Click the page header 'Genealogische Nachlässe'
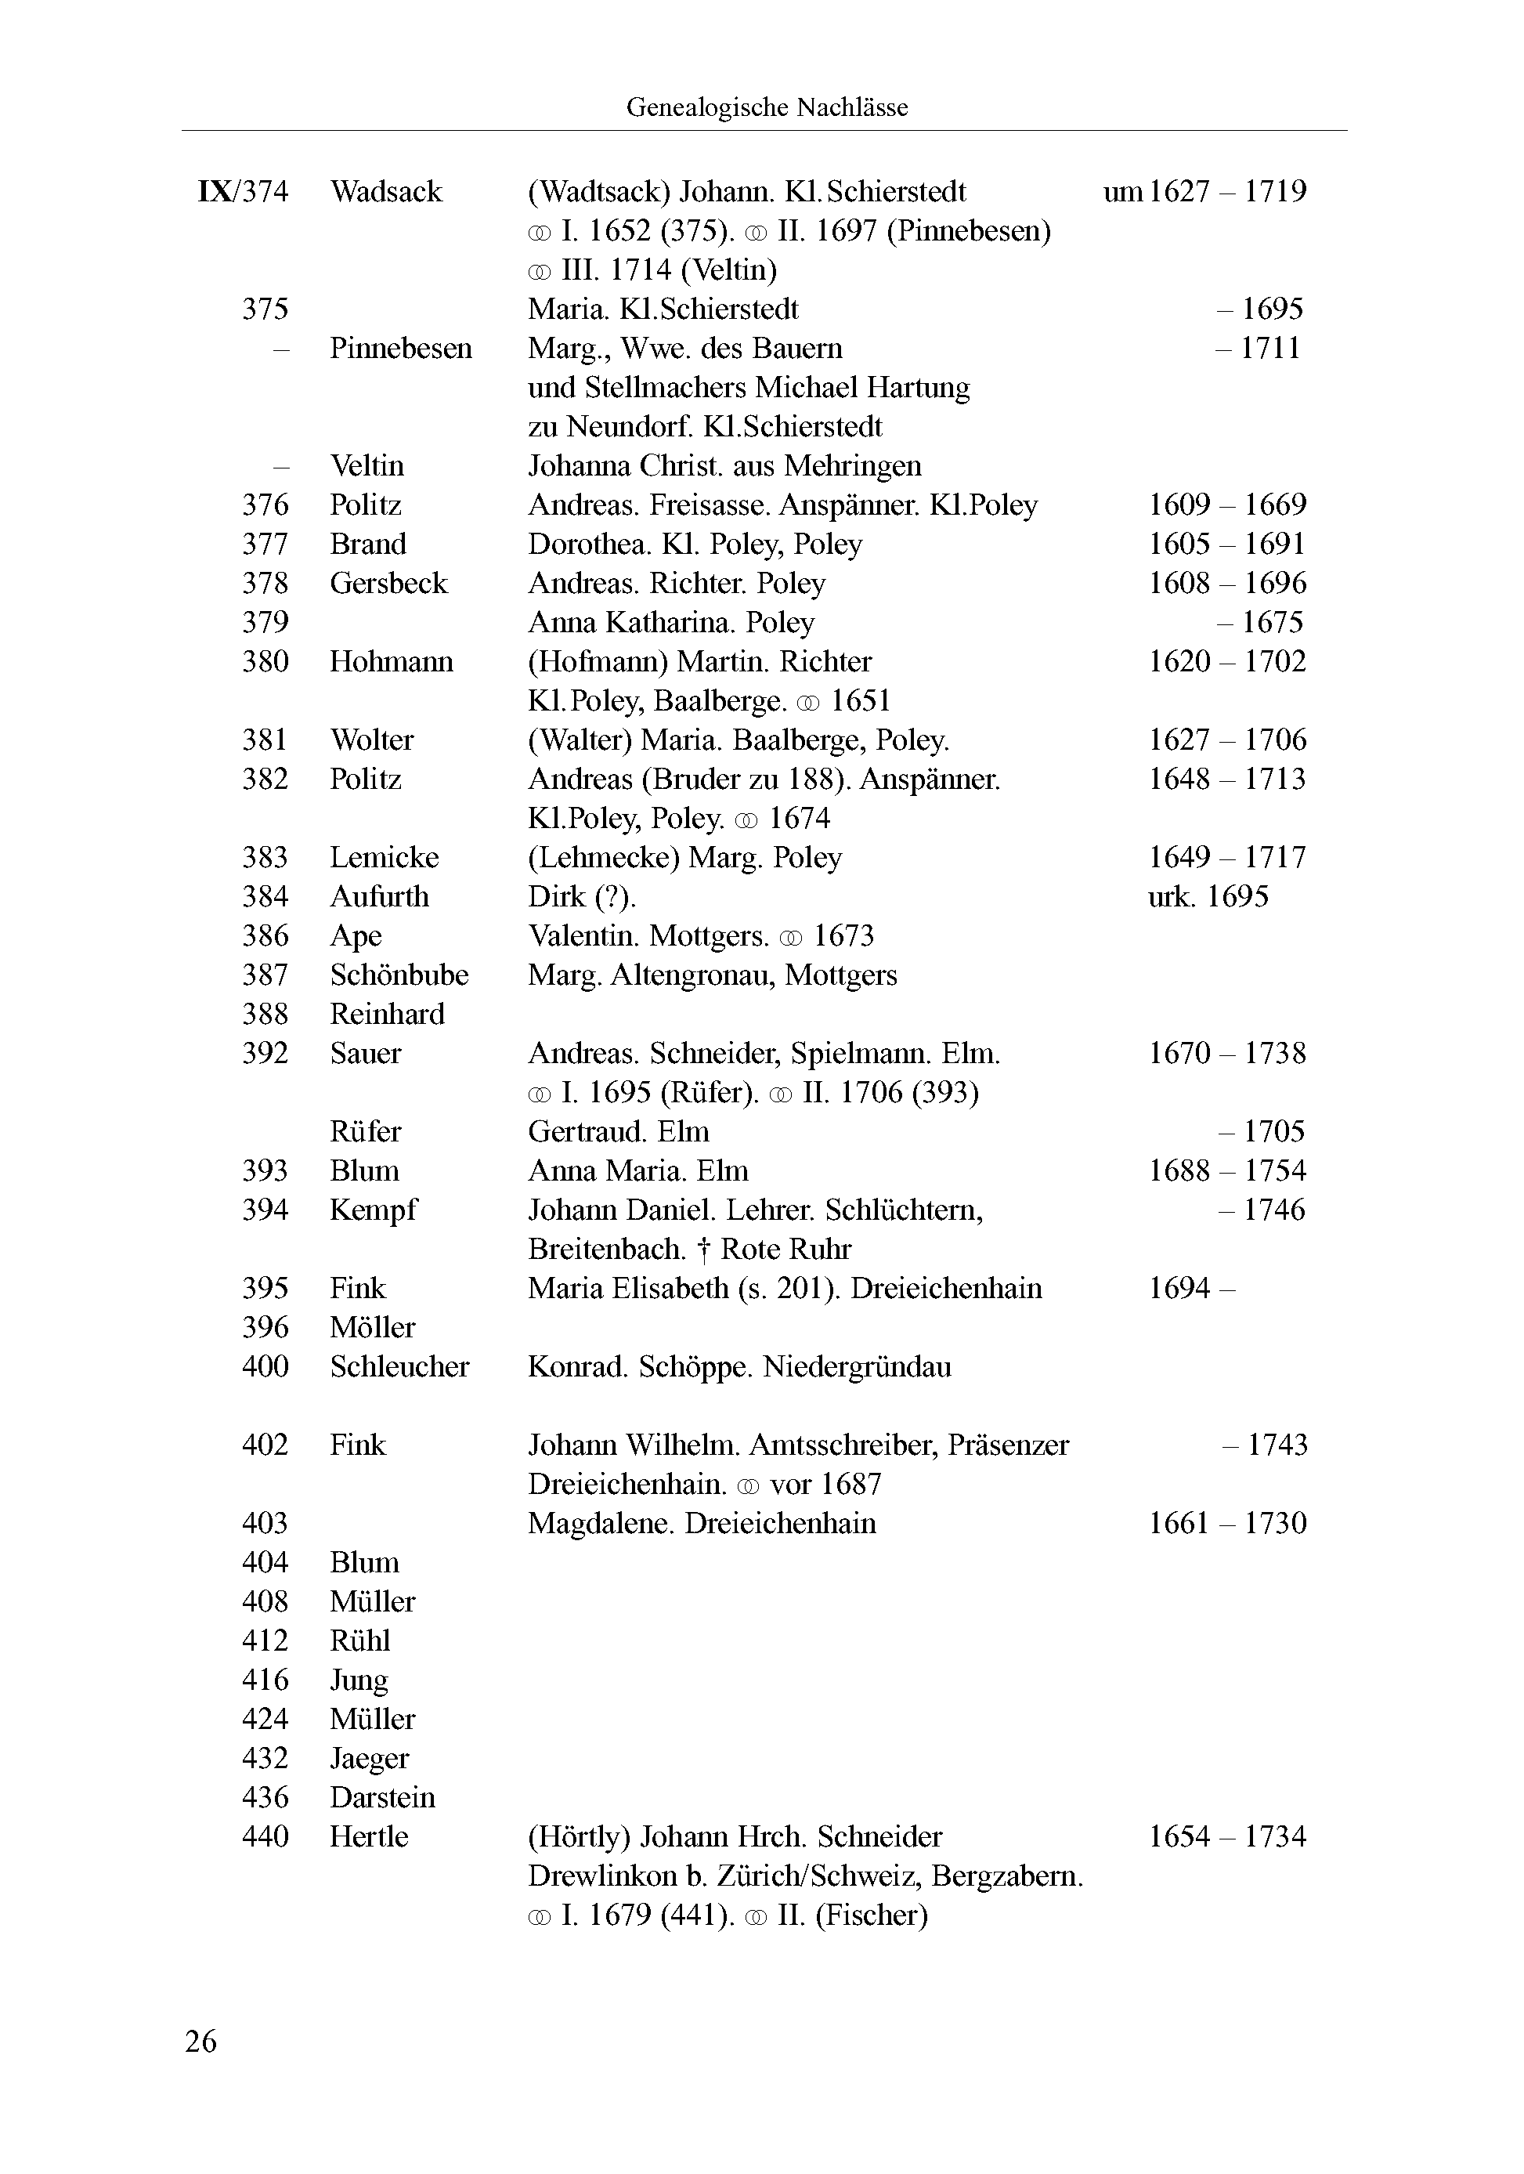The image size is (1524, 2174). (x=766, y=107)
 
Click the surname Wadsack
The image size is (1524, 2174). (x=386, y=191)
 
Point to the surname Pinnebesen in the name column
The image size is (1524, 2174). (x=400, y=348)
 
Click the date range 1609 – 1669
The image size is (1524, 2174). (x=1226, y=505)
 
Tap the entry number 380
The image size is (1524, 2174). (x=265, y=661)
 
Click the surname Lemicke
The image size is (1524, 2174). (x=384, y=857)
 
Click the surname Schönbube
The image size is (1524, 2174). (x=399, y=975)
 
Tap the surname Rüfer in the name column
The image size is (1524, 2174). (x=366, y=1131)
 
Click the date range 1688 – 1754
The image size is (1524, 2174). (x=1226, y=1170)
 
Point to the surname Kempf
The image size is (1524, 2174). (x=373, y=1210)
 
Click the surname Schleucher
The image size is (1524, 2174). (x=399, y=1366)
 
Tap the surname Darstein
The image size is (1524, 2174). (x=382, y=1797)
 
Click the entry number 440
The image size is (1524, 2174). (x=265, y=1836)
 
